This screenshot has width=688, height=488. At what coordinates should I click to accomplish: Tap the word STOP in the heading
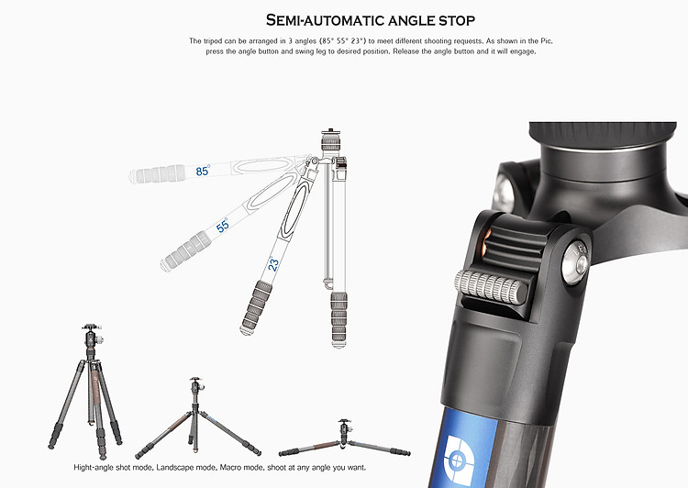pos(457,20)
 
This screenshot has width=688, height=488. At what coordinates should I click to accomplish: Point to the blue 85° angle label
pos(203,171)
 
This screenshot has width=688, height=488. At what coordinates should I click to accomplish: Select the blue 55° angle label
pos(223,225)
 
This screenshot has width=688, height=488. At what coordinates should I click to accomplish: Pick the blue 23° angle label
pos(273,264)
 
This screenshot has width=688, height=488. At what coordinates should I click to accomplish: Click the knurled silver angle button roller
pos(491,287)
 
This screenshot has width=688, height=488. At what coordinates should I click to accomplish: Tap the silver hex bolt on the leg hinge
pos(576,264)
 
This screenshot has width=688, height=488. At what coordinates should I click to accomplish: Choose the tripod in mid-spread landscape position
pos(197,417)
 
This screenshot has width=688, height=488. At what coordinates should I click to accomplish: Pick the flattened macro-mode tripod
pos(344,438)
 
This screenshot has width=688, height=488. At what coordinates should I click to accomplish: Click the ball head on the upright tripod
pos(92,336)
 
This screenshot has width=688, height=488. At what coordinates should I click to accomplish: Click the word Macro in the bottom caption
pos(230,468)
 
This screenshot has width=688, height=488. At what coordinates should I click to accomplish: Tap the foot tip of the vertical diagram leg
pos(338,345)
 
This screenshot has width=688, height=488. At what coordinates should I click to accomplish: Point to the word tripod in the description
pos(213,41)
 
